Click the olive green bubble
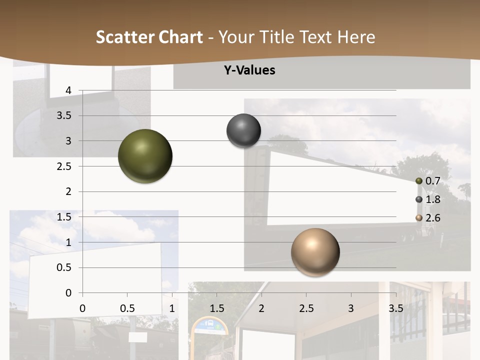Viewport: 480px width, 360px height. (x=145, y=156)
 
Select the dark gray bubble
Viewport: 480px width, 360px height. (x=243, y=131)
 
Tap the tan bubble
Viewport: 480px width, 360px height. (x=315, y=252)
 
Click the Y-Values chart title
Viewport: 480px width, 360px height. (x=249, y=70)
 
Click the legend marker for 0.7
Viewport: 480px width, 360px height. (x=419, y=181)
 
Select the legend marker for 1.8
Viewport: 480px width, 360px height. (x=419, y=199)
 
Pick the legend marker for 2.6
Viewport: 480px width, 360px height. (x=419, y=218)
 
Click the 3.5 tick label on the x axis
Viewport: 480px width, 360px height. (x=395, y=308)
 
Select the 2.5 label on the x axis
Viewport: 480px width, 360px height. (x=306, y=308)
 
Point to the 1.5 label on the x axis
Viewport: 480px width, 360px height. (x=216, y=308)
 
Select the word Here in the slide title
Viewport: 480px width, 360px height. (x=356, y=37)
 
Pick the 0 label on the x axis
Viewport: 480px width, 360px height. (x=82, y=308)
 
